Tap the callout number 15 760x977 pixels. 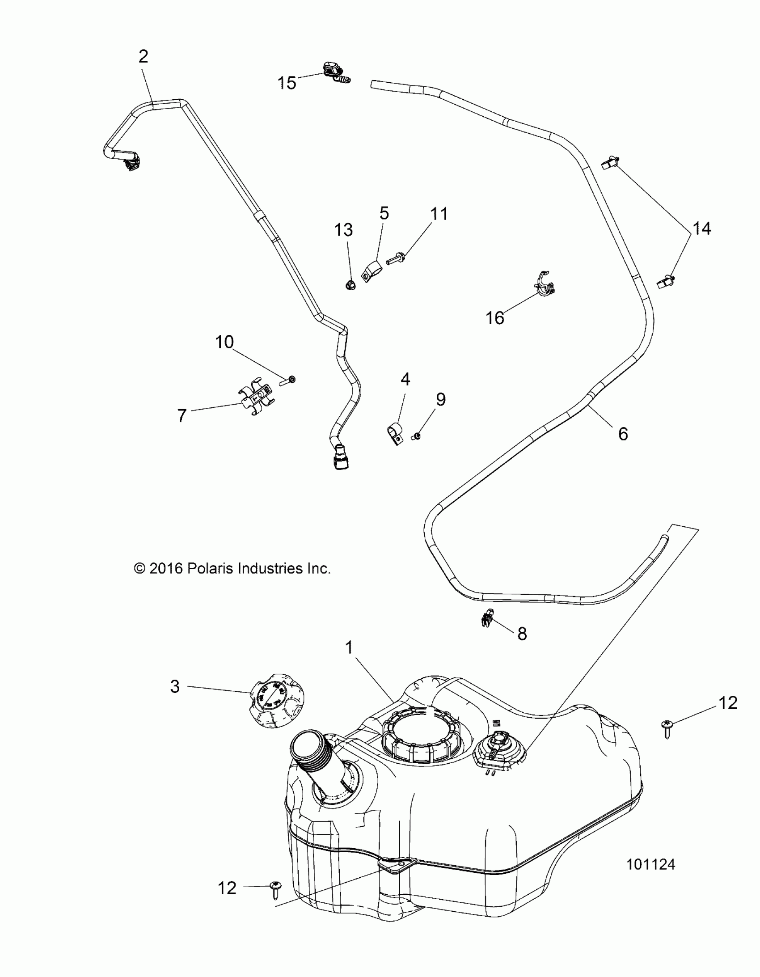[x=287, y=83]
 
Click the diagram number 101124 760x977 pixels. [x=650, y=877]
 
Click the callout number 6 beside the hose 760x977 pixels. [x=623, y=433]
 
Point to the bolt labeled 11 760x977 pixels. [x=395, y=258]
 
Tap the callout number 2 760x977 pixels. [x=143, y=57]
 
